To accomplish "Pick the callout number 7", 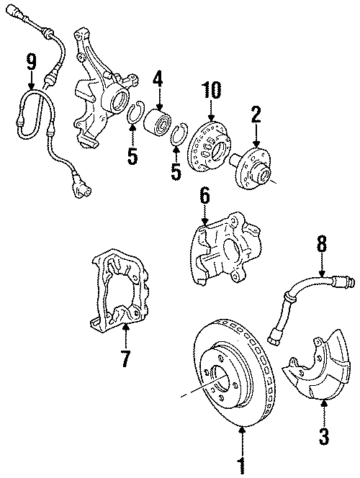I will click(125, 356).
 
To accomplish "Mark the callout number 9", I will click(30, 61).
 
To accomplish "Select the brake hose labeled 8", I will click(295, 299).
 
